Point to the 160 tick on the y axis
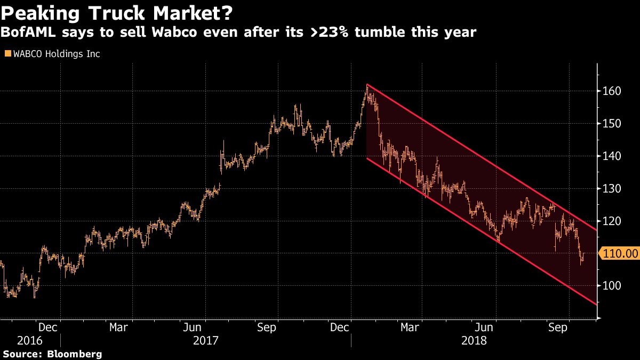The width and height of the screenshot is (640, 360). [612, 91]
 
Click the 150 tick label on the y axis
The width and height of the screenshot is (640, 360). [612, 124]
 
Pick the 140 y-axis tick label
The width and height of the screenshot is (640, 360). [612, 156]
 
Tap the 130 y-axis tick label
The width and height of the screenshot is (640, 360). [612, 189]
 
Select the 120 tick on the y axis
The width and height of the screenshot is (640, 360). [612, 221]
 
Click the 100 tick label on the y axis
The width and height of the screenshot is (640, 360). [612, 286]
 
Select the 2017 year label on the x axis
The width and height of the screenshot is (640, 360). [206, 340]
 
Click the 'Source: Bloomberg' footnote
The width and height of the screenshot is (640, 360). [52, 354]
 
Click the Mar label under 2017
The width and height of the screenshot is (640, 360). [118, 327]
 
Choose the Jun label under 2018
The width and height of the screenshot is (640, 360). [484, 327]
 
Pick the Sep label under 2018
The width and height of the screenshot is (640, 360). [557, 327]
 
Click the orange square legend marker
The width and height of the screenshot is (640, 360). [7, 54]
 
